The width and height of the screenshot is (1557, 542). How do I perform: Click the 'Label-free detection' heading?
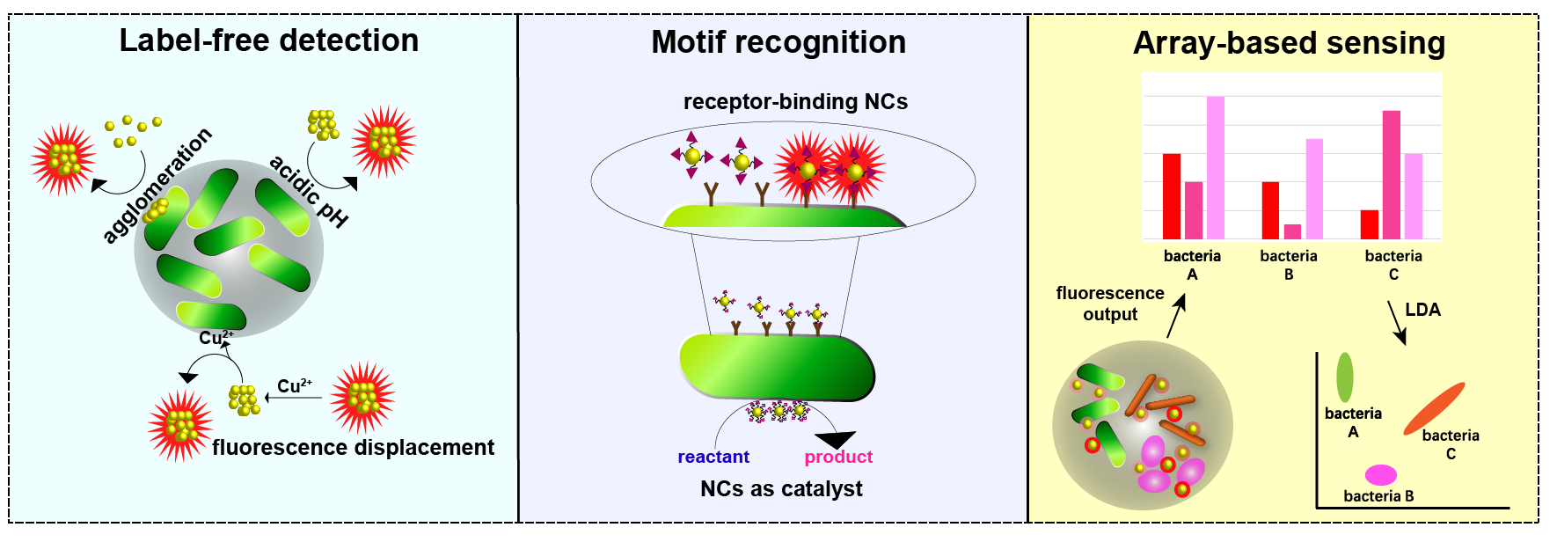click(x=269, y=40)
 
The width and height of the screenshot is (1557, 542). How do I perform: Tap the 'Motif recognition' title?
click(x=778, y=42)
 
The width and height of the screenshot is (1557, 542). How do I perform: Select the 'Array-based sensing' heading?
click(x=1289, y=43)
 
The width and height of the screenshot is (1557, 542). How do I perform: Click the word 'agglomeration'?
click(x=157, y=185)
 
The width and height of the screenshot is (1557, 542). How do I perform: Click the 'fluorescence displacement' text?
click(x=353, y=448)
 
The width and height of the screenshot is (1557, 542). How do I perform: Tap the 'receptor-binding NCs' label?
click(x=795, y=102)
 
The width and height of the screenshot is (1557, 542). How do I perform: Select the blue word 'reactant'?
click(x=713, y=457)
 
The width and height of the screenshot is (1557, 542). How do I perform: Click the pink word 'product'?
click(x=838, y=457)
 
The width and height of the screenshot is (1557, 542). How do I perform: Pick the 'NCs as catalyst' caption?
click(x=781, y=489)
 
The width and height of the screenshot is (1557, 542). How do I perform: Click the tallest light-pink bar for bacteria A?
click(x=1215, y=167)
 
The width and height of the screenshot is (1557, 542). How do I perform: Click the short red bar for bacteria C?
click(x=1369, y=224)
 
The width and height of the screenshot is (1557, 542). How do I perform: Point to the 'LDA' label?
click(x=1422, y=310)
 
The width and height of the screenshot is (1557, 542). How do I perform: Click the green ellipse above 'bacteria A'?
click(x=1345, y=377)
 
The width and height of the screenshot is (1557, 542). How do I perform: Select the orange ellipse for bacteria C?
click(x=1434, y=408)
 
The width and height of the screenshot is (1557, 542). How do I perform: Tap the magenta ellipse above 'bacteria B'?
click(x=1381, y=475)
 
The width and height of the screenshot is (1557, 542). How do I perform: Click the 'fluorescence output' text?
click(x=1110, y=304)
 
